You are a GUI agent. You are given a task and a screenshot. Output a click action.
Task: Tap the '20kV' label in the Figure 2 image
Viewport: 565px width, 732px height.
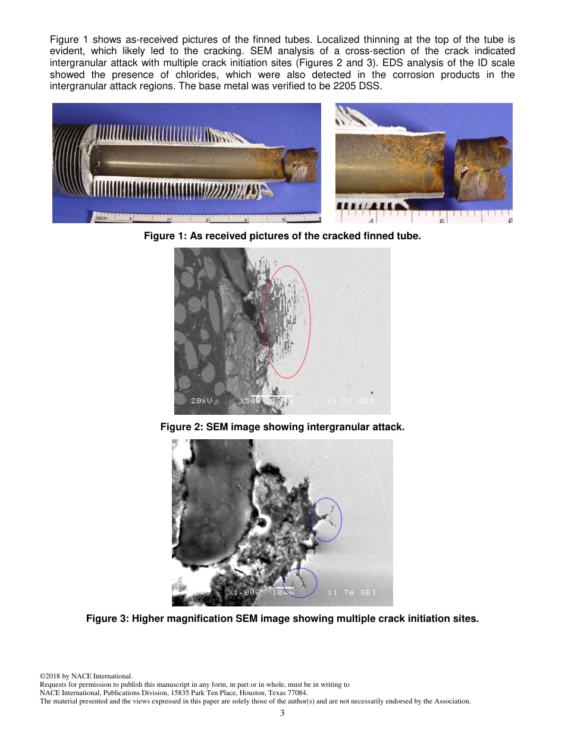[202, 401]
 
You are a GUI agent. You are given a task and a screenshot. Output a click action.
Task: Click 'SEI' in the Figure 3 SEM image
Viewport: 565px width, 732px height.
[368, 593]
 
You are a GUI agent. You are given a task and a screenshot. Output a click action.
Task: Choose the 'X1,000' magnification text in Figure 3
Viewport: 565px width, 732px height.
[244, 593]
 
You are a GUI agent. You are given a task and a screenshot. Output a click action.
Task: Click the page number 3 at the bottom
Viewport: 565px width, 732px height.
[282, 713]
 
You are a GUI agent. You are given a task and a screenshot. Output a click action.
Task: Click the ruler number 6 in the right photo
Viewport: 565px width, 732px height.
[509, 219]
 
